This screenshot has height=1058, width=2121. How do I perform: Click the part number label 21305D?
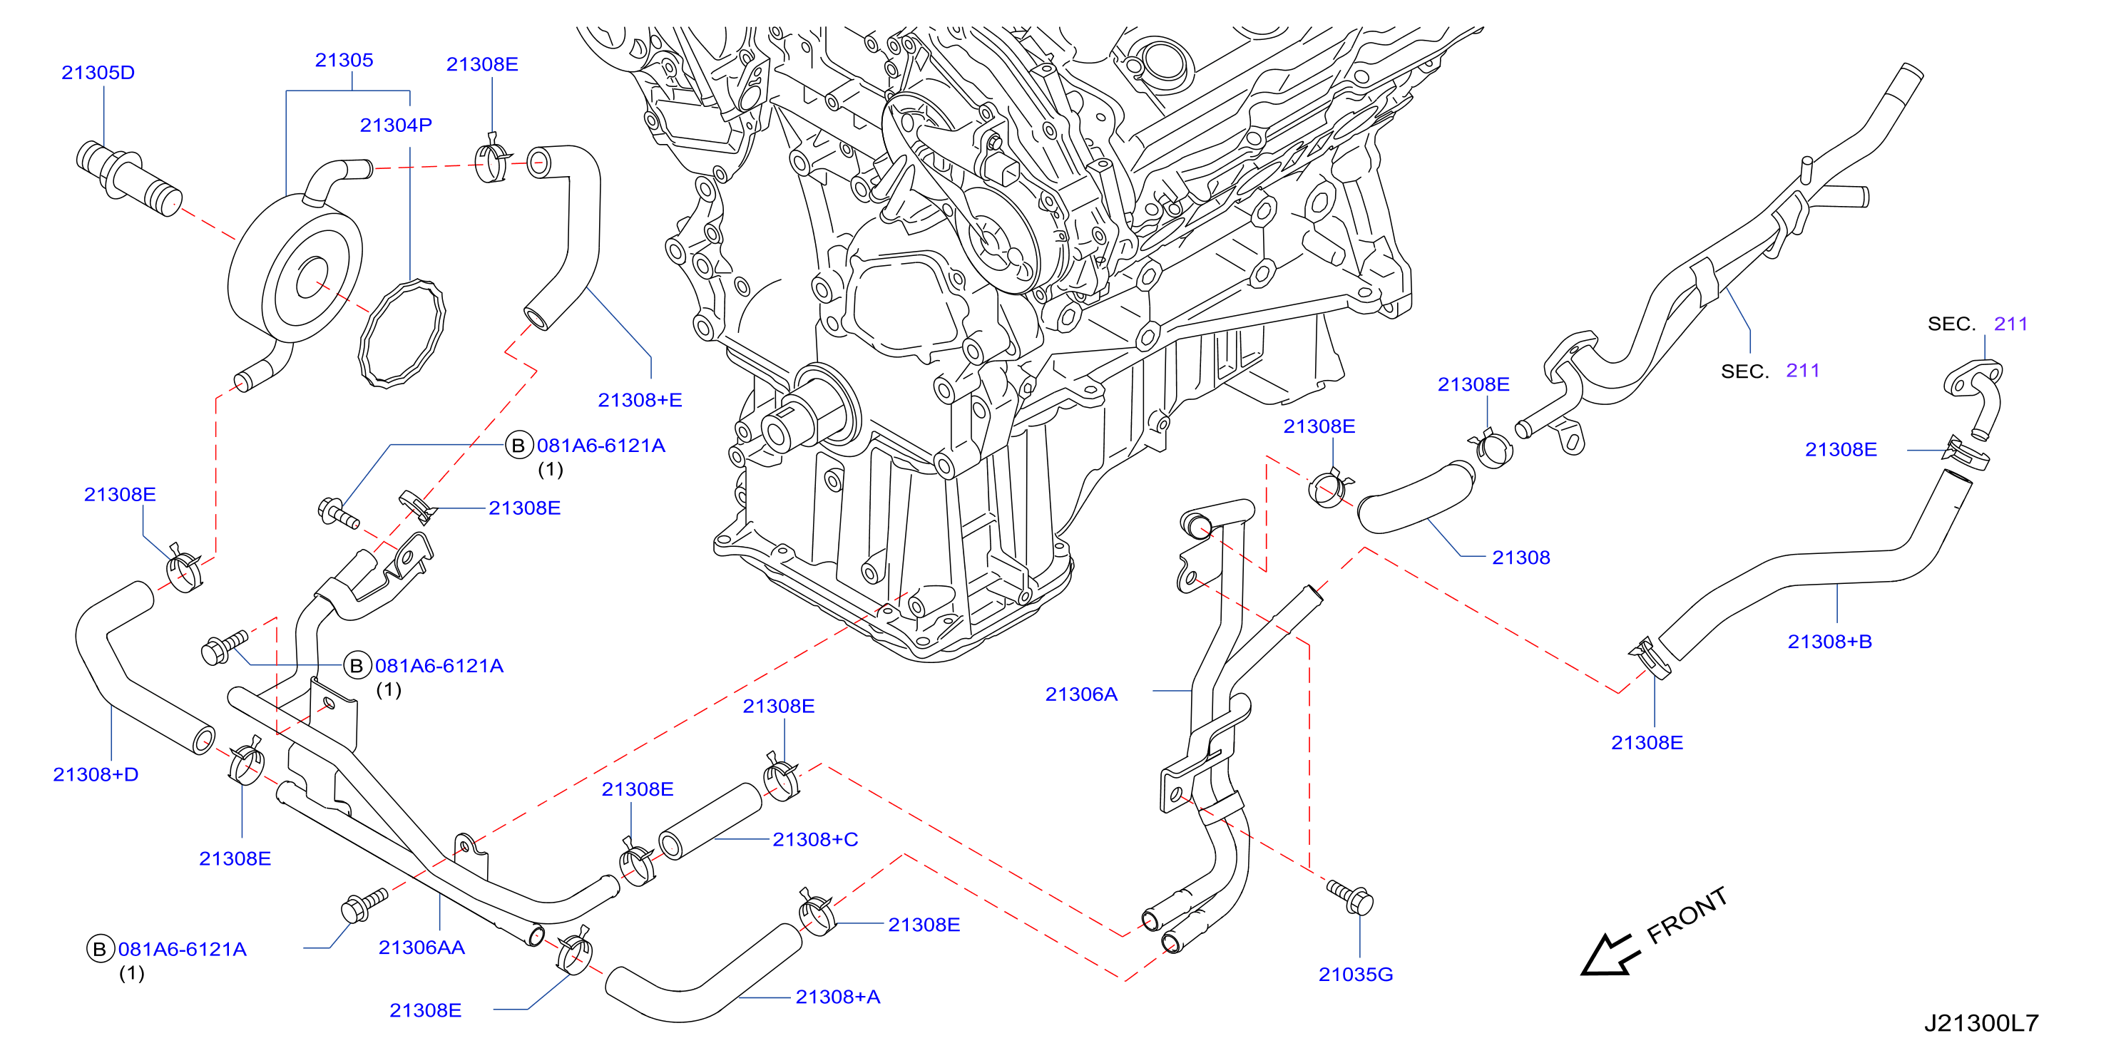[98, 73]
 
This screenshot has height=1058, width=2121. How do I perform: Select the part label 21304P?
[396, 125]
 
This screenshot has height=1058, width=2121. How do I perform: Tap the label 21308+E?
[640, 400]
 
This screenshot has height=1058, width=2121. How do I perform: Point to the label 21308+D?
[96, 775]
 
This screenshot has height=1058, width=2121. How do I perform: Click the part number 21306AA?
[421, 947]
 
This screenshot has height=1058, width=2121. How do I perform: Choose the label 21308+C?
[815, 840]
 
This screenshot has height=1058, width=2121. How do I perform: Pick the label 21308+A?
[837, 997]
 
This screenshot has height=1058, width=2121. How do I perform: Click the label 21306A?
[1081, 695]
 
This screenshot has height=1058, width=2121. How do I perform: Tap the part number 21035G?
[1355, 975]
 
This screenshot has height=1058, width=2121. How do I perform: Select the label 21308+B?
[1829, 642]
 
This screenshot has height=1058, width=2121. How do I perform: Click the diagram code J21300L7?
[1981, 1023]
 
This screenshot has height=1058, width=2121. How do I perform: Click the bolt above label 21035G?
[1350, 897]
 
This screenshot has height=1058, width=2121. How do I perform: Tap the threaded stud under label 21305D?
[129, 179]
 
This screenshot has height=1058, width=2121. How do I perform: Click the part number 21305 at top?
[344, 60]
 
